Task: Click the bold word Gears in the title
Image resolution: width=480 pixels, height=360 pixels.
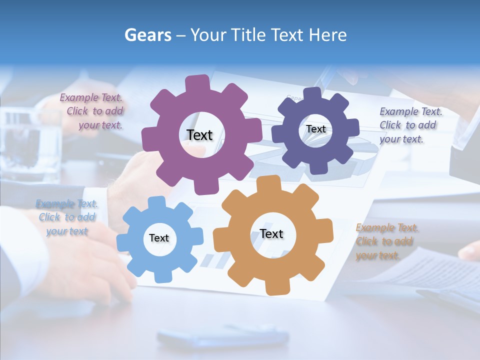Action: [148, 35]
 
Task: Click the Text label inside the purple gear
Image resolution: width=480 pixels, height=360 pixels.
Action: [199, 135]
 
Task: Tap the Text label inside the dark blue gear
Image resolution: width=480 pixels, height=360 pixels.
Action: [315, 129]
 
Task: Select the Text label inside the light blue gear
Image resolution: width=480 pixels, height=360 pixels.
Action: [159, 238]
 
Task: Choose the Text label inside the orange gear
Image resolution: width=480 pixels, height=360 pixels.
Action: [271, 233]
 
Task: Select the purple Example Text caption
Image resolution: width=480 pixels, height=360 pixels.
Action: [92, 111]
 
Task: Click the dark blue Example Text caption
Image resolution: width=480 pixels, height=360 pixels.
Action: [410, 125]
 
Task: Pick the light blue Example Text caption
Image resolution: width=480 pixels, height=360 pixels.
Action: [67, 217]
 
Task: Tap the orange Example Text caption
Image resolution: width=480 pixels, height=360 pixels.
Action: [386, 241]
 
